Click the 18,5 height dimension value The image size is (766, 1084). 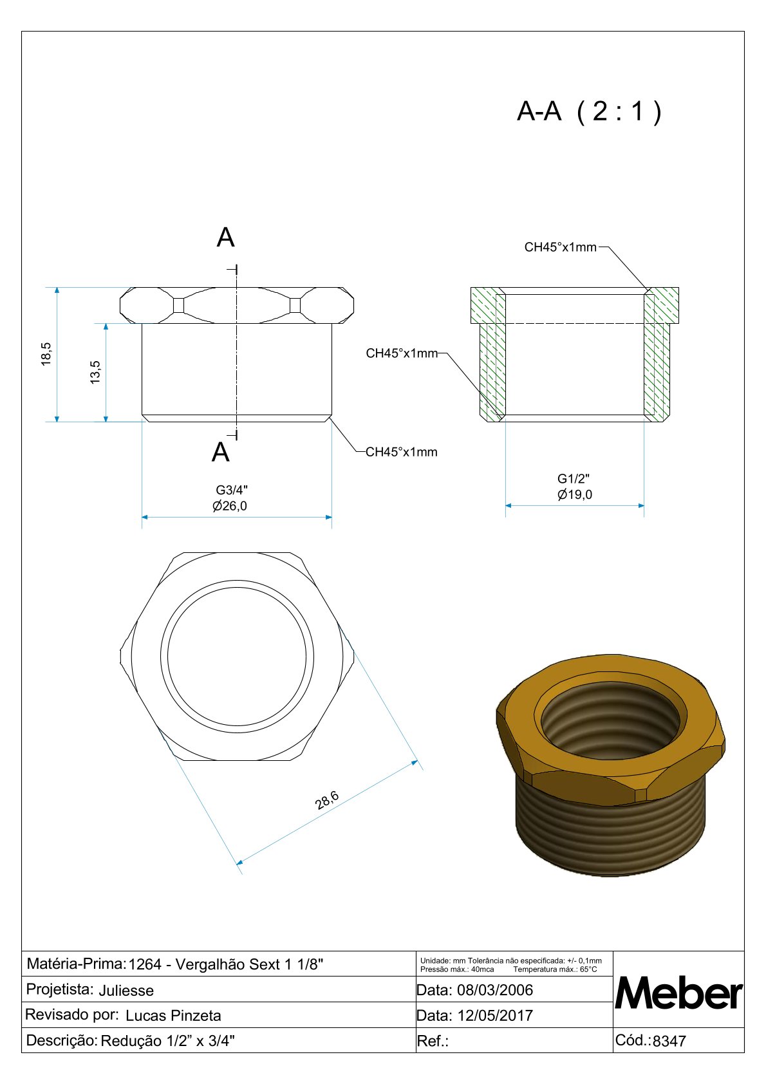pyautogui.click(x=46, y=354)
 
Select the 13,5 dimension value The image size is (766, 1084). pyautogui.click(x=95, y=372)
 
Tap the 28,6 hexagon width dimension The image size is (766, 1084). pyautogui.click(x=327, y=800)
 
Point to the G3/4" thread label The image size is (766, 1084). pyautogui.click(x=232, y=491)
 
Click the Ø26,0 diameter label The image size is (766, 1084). pyautogui.click(x=230, y=506)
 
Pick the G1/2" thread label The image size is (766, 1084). pyautogui.click(x=574, y=479)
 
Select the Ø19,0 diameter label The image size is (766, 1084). pyautogui.click(x=575, y=494)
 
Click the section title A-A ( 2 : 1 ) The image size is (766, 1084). pyautogui.click(x=589, y=111)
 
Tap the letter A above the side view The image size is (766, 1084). pyautogui.click(x=225, y=238)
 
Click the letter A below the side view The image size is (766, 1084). pyautogui.click(x=221, y=453)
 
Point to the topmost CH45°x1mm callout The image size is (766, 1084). pyautogui.click(x=561, y=247)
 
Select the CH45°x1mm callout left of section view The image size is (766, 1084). pyautogui.click(x=402, y=353)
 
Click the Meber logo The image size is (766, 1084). pyautogui.click(x=678, y=993)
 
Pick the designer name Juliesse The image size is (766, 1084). pyautogui.click(x=126, y=991)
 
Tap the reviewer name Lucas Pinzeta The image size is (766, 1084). pyautogui.click(x=173, y=1016)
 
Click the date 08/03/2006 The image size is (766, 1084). pyautogui.click(x=495, y=990)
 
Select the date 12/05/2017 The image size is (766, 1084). pyautogui.click(x=495, y=1016)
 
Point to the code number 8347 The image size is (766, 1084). pyautogui.click(x=669, y=1041)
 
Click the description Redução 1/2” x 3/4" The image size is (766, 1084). pyautogui.click(x=168, y=1041)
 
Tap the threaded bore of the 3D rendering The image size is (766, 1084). pyautogui.click(x=610, y=719)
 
